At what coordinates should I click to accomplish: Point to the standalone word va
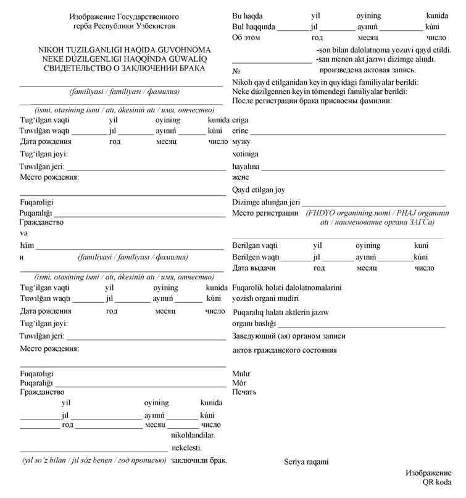coord(24,234)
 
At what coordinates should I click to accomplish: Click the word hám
coord(27,245)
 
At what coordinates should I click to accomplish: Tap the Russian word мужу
coord(241,143)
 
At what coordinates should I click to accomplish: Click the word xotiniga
coord(245,154)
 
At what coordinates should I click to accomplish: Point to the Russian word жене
coord(241,177)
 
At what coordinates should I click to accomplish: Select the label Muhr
coord(241,374)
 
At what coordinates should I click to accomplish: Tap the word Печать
coord(244,392)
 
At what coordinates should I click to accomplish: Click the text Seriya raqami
coord(306,462)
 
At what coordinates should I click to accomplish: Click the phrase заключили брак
coord(199,460)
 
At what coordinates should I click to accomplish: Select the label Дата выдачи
coord(253,269)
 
